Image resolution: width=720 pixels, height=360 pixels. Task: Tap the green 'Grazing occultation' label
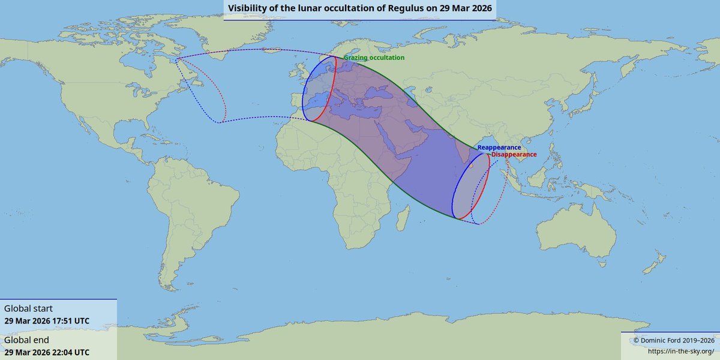click(x=374, y=58)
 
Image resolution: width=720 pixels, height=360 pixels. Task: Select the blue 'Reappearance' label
click(x=499, y=147)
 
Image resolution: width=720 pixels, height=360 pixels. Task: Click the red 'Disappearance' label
click(x=514, y=154)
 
